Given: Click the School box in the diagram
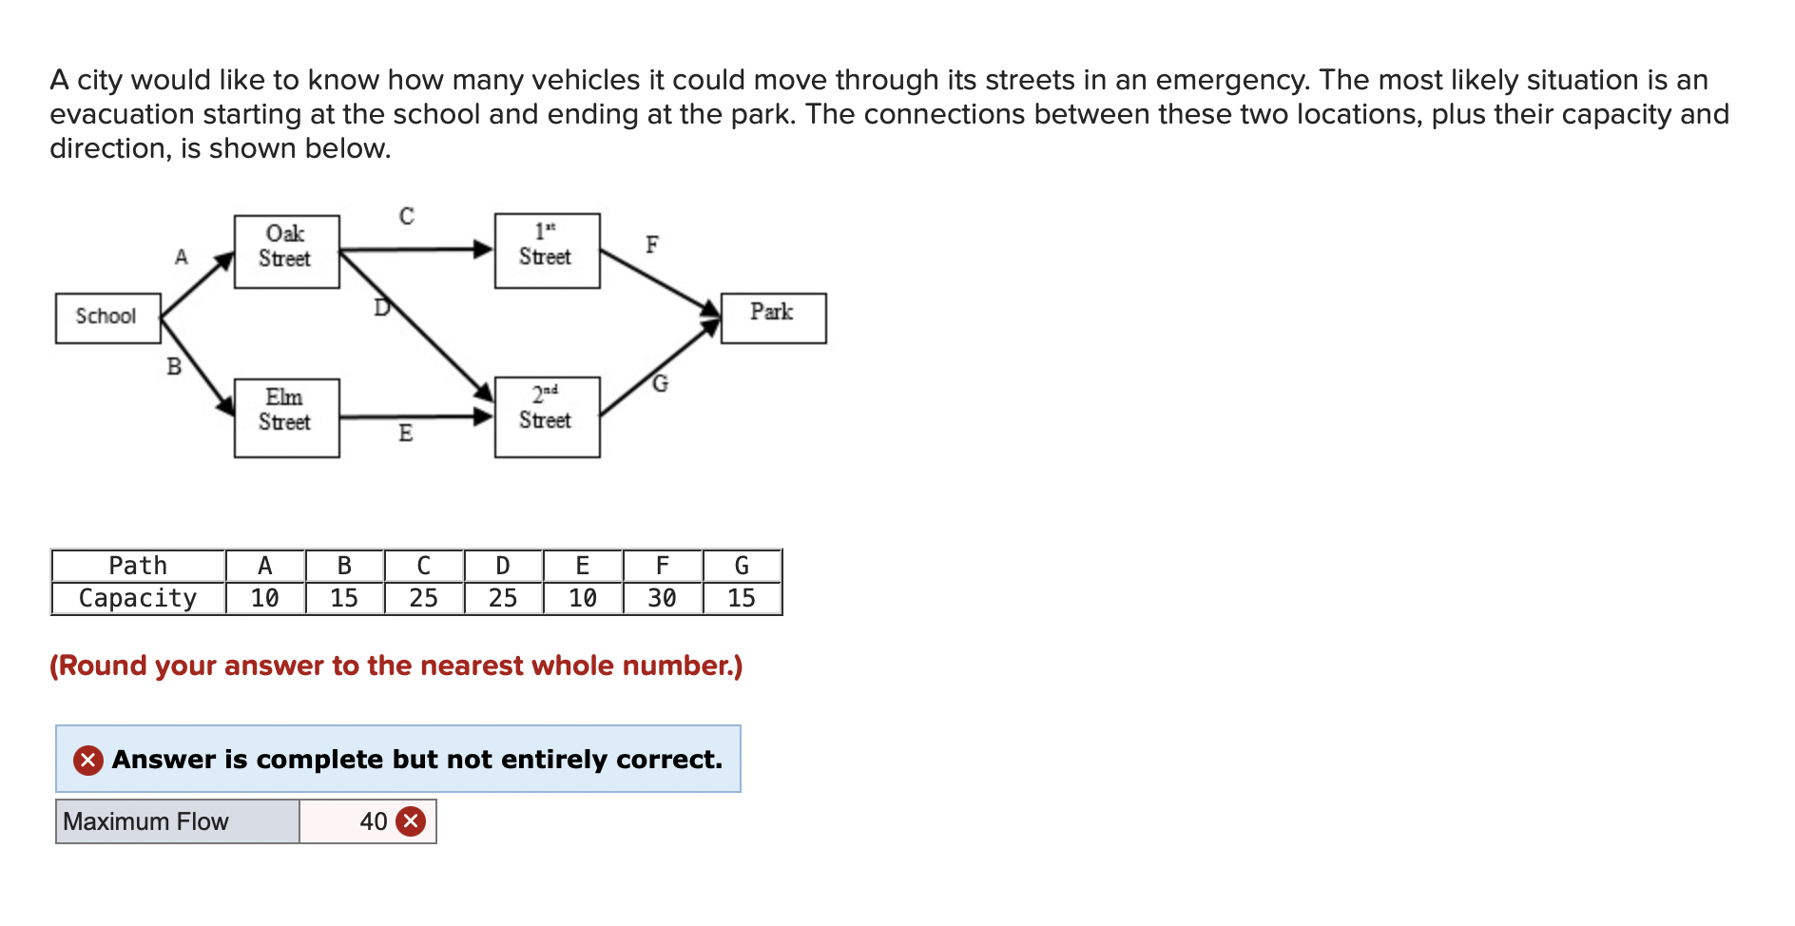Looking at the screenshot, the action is point(107,318).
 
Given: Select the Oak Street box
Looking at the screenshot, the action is point(286,251).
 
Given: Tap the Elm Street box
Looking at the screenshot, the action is point(286,417).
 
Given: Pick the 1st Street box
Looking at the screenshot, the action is point(547,250).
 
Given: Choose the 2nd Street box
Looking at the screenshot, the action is point(547,416).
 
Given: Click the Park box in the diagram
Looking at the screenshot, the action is point(773,318).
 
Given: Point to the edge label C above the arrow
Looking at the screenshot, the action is point(407,217).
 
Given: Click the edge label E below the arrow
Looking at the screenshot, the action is point(406,434).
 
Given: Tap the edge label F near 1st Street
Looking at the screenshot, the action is point(652,245).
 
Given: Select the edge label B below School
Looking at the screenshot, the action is point(174,366).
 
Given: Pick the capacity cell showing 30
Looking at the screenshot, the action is point(662,598).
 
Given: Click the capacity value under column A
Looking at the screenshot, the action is point(264,598).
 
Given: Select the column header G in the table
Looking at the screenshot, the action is point(742,566).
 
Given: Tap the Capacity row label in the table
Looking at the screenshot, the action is point(138,598).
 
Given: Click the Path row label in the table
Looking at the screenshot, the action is point(138,566).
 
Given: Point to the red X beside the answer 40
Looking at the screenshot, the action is point(411,821).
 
